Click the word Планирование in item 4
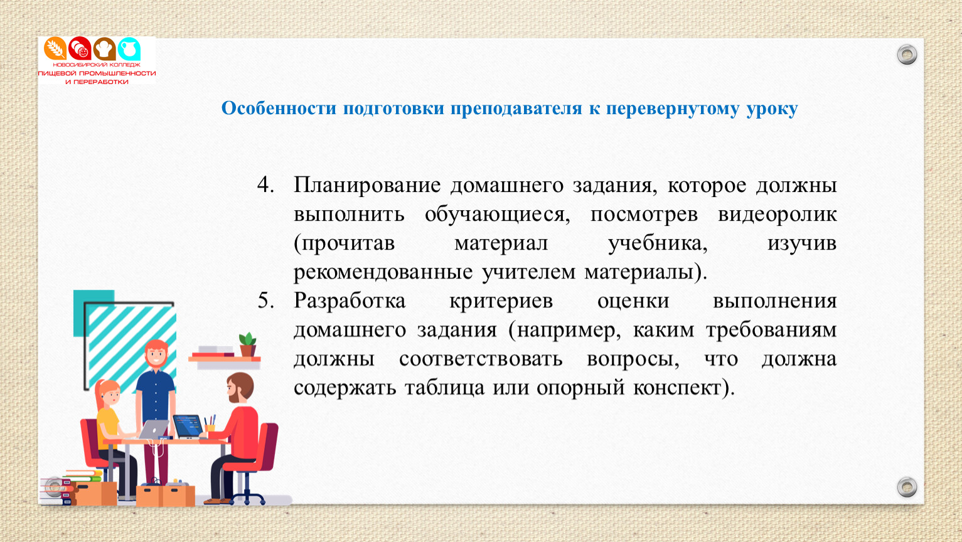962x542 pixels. (x=367, y=186)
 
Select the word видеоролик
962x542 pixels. (x=778, y=215)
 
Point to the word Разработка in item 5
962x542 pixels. (x=350, y=300)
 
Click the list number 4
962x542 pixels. (x=265, y=185)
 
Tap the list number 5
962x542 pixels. (x=265, y=300)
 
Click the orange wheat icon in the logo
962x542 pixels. (x=55, y=48)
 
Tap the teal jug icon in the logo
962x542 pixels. (x=129, y=49)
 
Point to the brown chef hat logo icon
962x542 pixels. (x=104, y=48)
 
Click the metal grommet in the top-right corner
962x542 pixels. (x=907, y=55)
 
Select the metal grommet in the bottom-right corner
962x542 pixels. (x=907, y=487)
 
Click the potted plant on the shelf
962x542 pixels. (x=247, y=344)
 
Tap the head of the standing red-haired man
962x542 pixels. (x=156, y=354)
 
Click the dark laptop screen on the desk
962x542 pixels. (x=187, y=426)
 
